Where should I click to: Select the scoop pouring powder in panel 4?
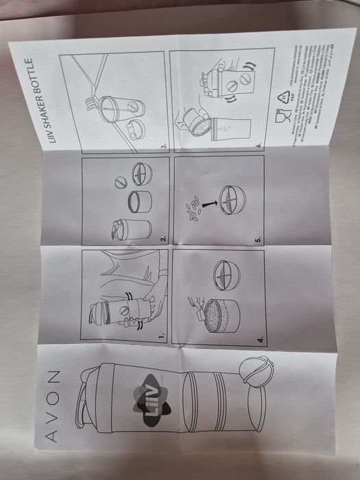click(x=197, y=302)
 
